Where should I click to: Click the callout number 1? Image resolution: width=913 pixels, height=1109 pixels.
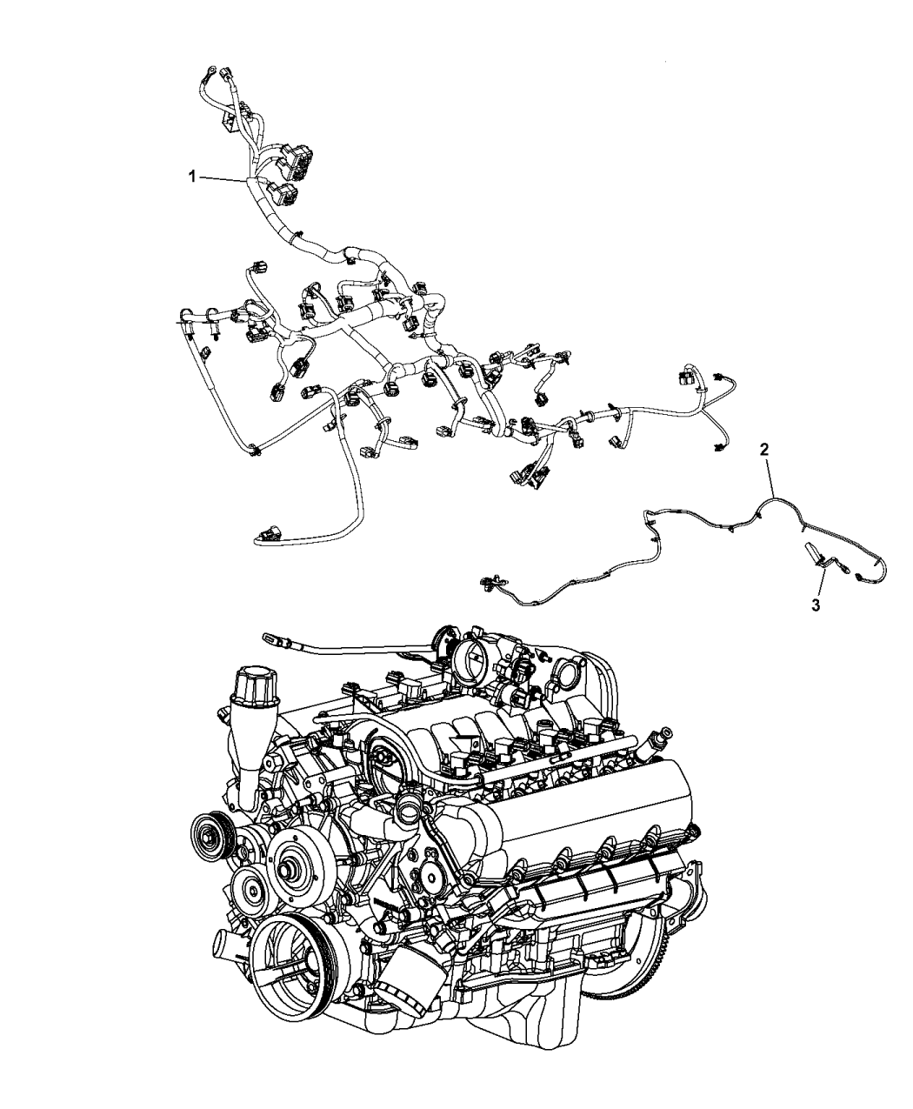[x=193, y=177]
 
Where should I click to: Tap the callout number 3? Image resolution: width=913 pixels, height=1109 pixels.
[x=816, y=605]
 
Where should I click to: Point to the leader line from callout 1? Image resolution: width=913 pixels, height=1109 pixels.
[x=224, y=179]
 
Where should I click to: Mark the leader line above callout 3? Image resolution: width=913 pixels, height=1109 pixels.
[x=821, y=583]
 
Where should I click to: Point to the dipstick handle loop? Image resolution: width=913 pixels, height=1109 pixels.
[x=270, y=637]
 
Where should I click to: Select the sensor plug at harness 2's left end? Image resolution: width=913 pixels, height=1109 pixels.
[x=487, y=581]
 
